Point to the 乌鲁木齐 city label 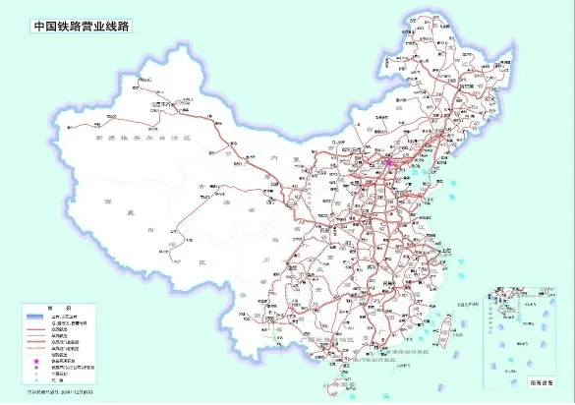[x=157, y=100]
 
